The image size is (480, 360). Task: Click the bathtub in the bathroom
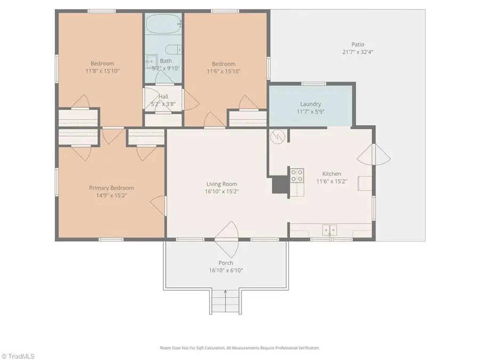tap(163, 23)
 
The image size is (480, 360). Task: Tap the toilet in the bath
tap(173, 49)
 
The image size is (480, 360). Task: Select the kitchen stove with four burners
tap(297, 175)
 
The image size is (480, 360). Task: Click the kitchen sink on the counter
tap(330, 230)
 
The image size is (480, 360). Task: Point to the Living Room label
tap(222, 184)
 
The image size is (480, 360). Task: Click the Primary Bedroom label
tap(111, 188)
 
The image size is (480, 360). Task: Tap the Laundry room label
tap(310, 104)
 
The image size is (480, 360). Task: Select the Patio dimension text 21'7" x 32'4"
tap(357, 52)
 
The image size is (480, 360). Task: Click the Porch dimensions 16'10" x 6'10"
tap(226, 270)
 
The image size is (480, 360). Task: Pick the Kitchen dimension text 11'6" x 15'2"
tap(332, 181)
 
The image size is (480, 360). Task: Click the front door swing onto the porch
tap(226, 239)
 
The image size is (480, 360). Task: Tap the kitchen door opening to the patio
tap(374, 155)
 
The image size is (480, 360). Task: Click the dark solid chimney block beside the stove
tap(281, 185)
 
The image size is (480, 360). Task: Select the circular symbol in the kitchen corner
tap(278, 136)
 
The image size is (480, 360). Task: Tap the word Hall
tap(163, 97)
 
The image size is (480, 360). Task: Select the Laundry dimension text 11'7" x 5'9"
tap(310, 111)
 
